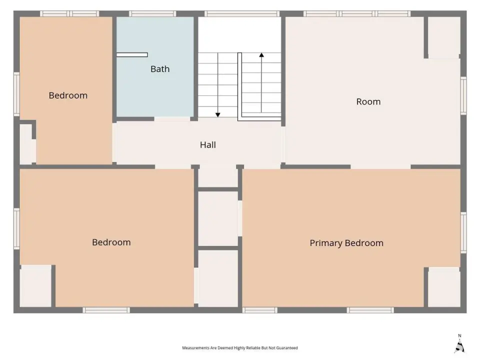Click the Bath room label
click(x=160, y=69)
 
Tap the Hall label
click(x=208, y=145)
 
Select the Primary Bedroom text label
click(x=346, y=243)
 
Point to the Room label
click(x=368, y=101)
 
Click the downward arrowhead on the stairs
click(x=217, y=115)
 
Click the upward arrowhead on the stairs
click(x=261, y=55)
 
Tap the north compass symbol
click(x=459, y=344)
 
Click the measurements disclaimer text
click(x=240, y=348)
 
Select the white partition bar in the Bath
click(x=132, y=55)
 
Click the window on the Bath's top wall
click(x=152, y=14)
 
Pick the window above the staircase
click(x=242, y=14)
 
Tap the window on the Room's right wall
click(x=463, y=96)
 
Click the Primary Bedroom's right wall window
click(x=463, y=232)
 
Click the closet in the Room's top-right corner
click(x=444, y=37)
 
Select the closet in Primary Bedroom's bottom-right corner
click(x=444, y=287)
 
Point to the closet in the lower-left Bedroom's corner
click(x=35, y=286)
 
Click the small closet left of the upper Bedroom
click(x=26, y=144)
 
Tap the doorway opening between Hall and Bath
click(x=172, y=119)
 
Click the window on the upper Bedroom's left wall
click(x=16, y=94)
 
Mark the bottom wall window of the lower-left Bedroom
click(x=106, y=310)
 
